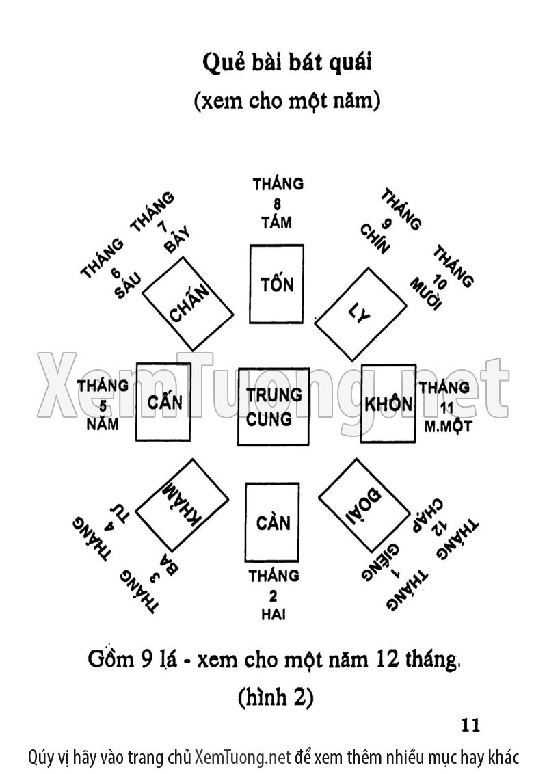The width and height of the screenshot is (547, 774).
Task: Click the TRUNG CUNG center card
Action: (273, 406)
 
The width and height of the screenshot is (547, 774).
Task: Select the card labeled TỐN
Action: (276, 284)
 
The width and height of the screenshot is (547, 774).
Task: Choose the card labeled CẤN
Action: (163, 402)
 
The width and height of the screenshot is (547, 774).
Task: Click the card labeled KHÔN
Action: (388, 403)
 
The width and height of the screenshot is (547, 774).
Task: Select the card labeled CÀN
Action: (273, 524)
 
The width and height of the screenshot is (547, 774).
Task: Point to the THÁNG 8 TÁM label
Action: (277, 203)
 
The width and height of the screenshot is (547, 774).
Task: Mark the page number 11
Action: (472, 725)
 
